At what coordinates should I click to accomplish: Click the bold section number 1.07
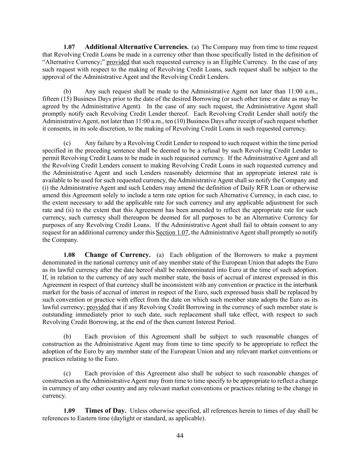click(69, 47)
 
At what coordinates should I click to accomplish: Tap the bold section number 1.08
click(69, 255)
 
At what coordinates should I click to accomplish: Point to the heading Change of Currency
click(117, 255)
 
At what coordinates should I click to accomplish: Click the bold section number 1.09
click(69, 411)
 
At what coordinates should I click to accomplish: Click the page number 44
click(180, 436)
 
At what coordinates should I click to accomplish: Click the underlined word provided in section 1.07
click(118, 62)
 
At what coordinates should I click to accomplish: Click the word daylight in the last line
click(123, 418)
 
